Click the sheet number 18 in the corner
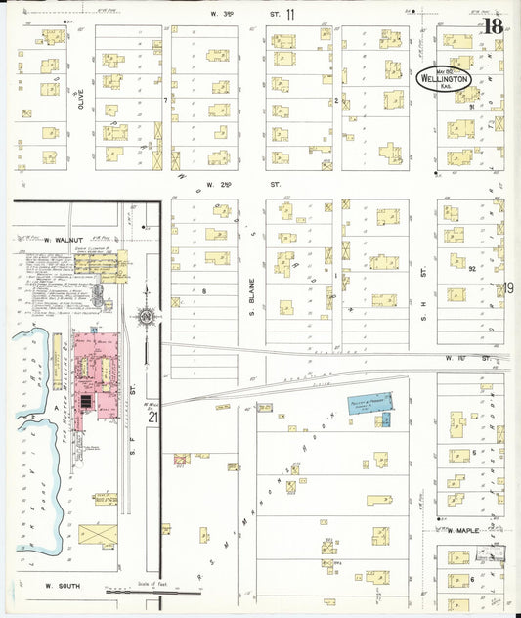click(492, 25)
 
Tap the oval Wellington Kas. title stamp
click(444, 79)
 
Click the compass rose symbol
click(146, 317)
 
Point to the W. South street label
click(60, 586)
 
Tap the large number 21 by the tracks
click(152, 418)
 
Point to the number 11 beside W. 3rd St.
click(290, 15)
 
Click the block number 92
click(471, 267)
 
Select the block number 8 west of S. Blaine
click(204, 290)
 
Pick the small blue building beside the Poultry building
click(385, 419)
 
